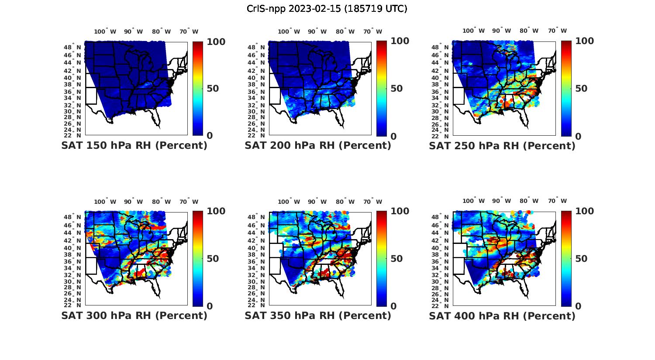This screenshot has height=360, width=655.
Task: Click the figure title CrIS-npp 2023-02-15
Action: click(x=327, y=9)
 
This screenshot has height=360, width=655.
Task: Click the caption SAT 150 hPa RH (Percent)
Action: click(x=134, y=146)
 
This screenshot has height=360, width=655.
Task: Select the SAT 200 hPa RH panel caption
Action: click(x=318, y=146)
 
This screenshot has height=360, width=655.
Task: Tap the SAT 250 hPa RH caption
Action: click(x=502, y=146)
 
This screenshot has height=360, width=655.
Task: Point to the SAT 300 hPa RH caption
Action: click(x=134, y=315)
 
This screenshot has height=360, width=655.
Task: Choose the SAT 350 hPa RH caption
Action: click(x=318, y=315)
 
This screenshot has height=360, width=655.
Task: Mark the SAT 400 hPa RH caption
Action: click(x=502, y=315)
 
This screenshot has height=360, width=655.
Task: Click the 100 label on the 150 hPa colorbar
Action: click(x=216, y=41)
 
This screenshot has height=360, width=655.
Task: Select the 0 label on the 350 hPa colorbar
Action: click(x=393, y=306)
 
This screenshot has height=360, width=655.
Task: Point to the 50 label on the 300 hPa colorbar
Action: click(x=213, y=259)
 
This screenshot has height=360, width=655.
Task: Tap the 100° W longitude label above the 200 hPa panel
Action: click(x=289, y=31)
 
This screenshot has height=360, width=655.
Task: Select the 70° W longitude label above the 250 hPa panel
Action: click(x=557, y=31)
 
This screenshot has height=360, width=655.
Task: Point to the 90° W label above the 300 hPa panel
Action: click(x=133, y=202)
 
